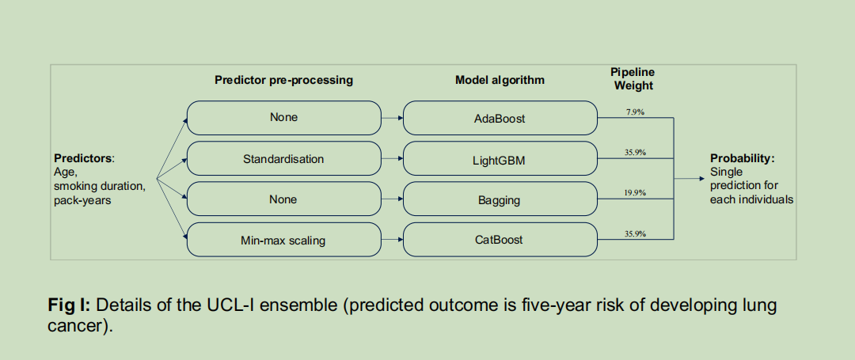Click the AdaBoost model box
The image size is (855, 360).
[500, 118]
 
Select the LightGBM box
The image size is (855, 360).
[500, 158]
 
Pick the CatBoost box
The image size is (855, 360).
[500, 240]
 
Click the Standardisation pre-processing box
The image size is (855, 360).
[284, 158]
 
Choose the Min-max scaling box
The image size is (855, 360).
[284, 240]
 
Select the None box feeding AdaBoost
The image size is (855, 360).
[284, 118]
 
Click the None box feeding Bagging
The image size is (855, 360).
[284, 199]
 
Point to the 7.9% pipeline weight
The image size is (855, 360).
[635, 112]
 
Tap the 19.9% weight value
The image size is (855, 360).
[635, 193]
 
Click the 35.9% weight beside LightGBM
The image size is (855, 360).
[635, 153]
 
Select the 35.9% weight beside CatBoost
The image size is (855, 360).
[635, 233]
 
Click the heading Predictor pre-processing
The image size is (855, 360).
[283, 80]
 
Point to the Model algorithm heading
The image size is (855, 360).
[500, 80]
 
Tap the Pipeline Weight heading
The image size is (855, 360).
[633, 79]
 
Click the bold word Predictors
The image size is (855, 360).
[83, 158]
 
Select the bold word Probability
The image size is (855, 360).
[742, 158]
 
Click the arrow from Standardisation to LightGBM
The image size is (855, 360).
[392, 158]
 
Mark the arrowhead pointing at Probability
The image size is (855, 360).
[701, 178]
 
